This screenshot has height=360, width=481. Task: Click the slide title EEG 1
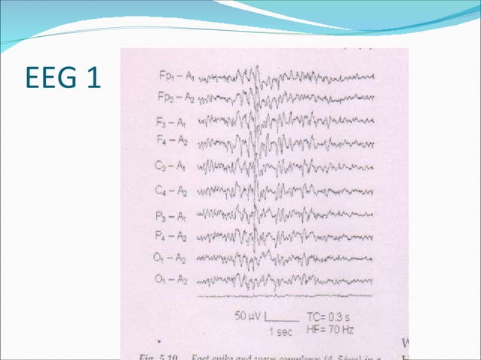point(63,78)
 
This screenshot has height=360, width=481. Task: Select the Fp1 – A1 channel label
point(176,77)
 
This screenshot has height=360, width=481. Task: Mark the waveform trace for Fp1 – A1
point(286,77)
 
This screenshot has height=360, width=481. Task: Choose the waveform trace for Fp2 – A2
point(286,96)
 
